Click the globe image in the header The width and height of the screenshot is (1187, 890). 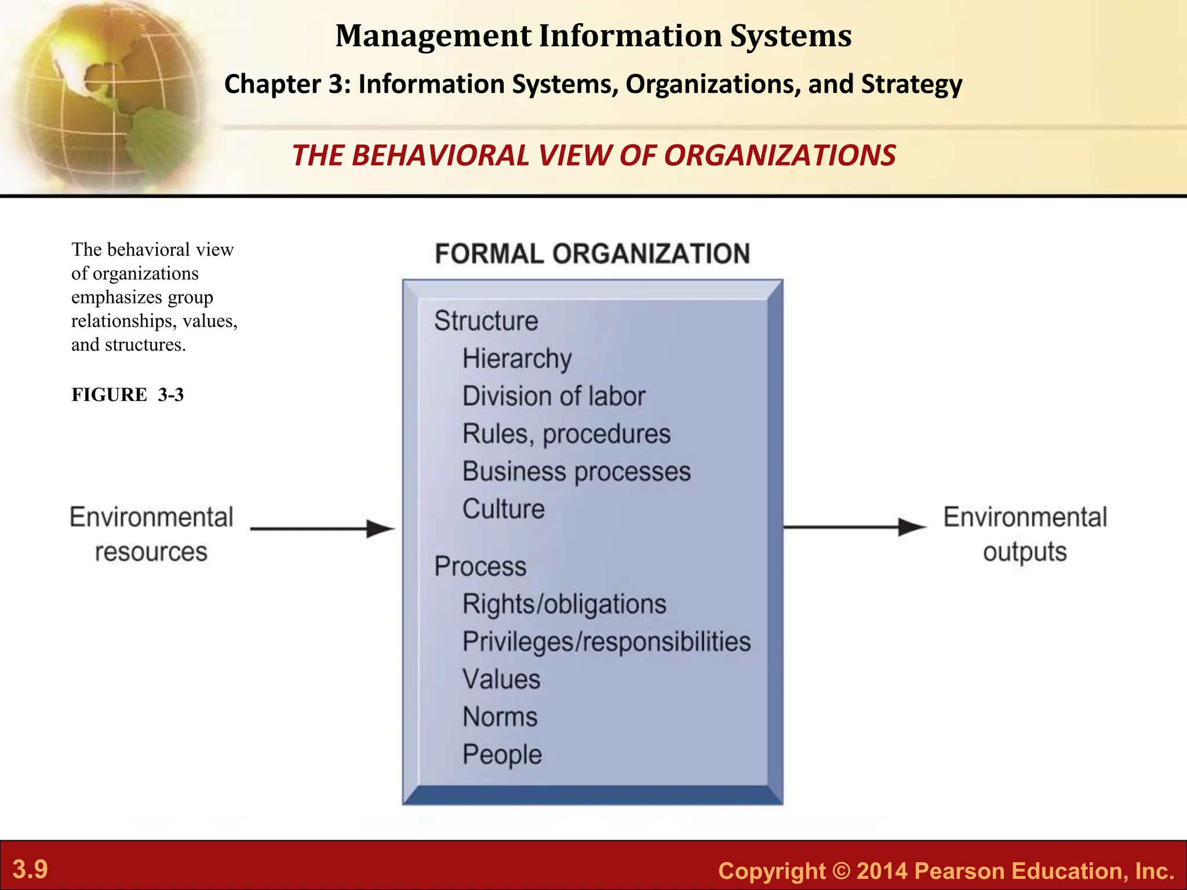pyautogui.click(x=104, y=93)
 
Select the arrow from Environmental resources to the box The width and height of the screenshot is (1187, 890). pyautogui.click(x=322, y=528)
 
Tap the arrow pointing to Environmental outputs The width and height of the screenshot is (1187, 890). pyautogui.click(x=854, y=527)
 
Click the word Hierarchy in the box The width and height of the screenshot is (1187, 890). pyautogui.click(x=517, y=359)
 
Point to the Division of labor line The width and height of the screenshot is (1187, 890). pyautogui.click(x=554, y=396)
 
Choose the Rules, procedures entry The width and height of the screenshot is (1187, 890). pyautogui.click(x=566, y=434)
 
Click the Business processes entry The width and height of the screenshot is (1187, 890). pyautogui.click(x=576, y=472)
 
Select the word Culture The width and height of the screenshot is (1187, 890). pyautogui.click(x=503, y=509)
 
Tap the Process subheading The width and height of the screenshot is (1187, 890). pyautogui.click(x=480, y=566)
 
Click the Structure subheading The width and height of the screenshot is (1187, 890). pyautogui.click(x=486, y=321)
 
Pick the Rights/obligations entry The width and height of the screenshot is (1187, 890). pyautogui.click(x=564, y=604)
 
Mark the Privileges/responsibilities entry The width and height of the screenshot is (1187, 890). pyautogui.click(x=606, y=642)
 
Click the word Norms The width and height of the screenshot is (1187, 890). pyautogui.click(x=500, y=717)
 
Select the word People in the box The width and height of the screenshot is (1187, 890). pyautogui.click(x=502, y=755)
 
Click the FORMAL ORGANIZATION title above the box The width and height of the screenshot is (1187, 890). pyautogui.click(x=592, y=254)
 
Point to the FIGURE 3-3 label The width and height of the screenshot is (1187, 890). pyautogui.click(x=128, y=395)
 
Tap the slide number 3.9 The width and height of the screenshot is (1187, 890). pyautogui.click(x=30, y=869)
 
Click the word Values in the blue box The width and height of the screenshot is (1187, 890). pyautogui.click(x=501, y=680)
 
